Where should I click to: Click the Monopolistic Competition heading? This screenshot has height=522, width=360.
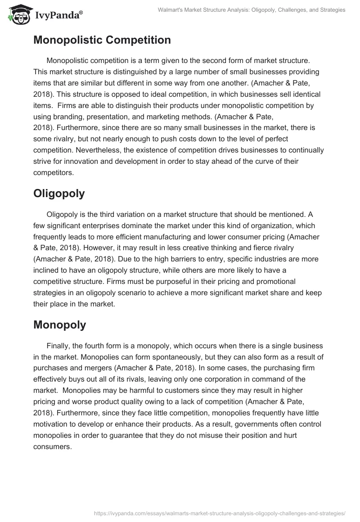point(102,40)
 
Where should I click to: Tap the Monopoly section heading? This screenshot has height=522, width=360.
point(59,325)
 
